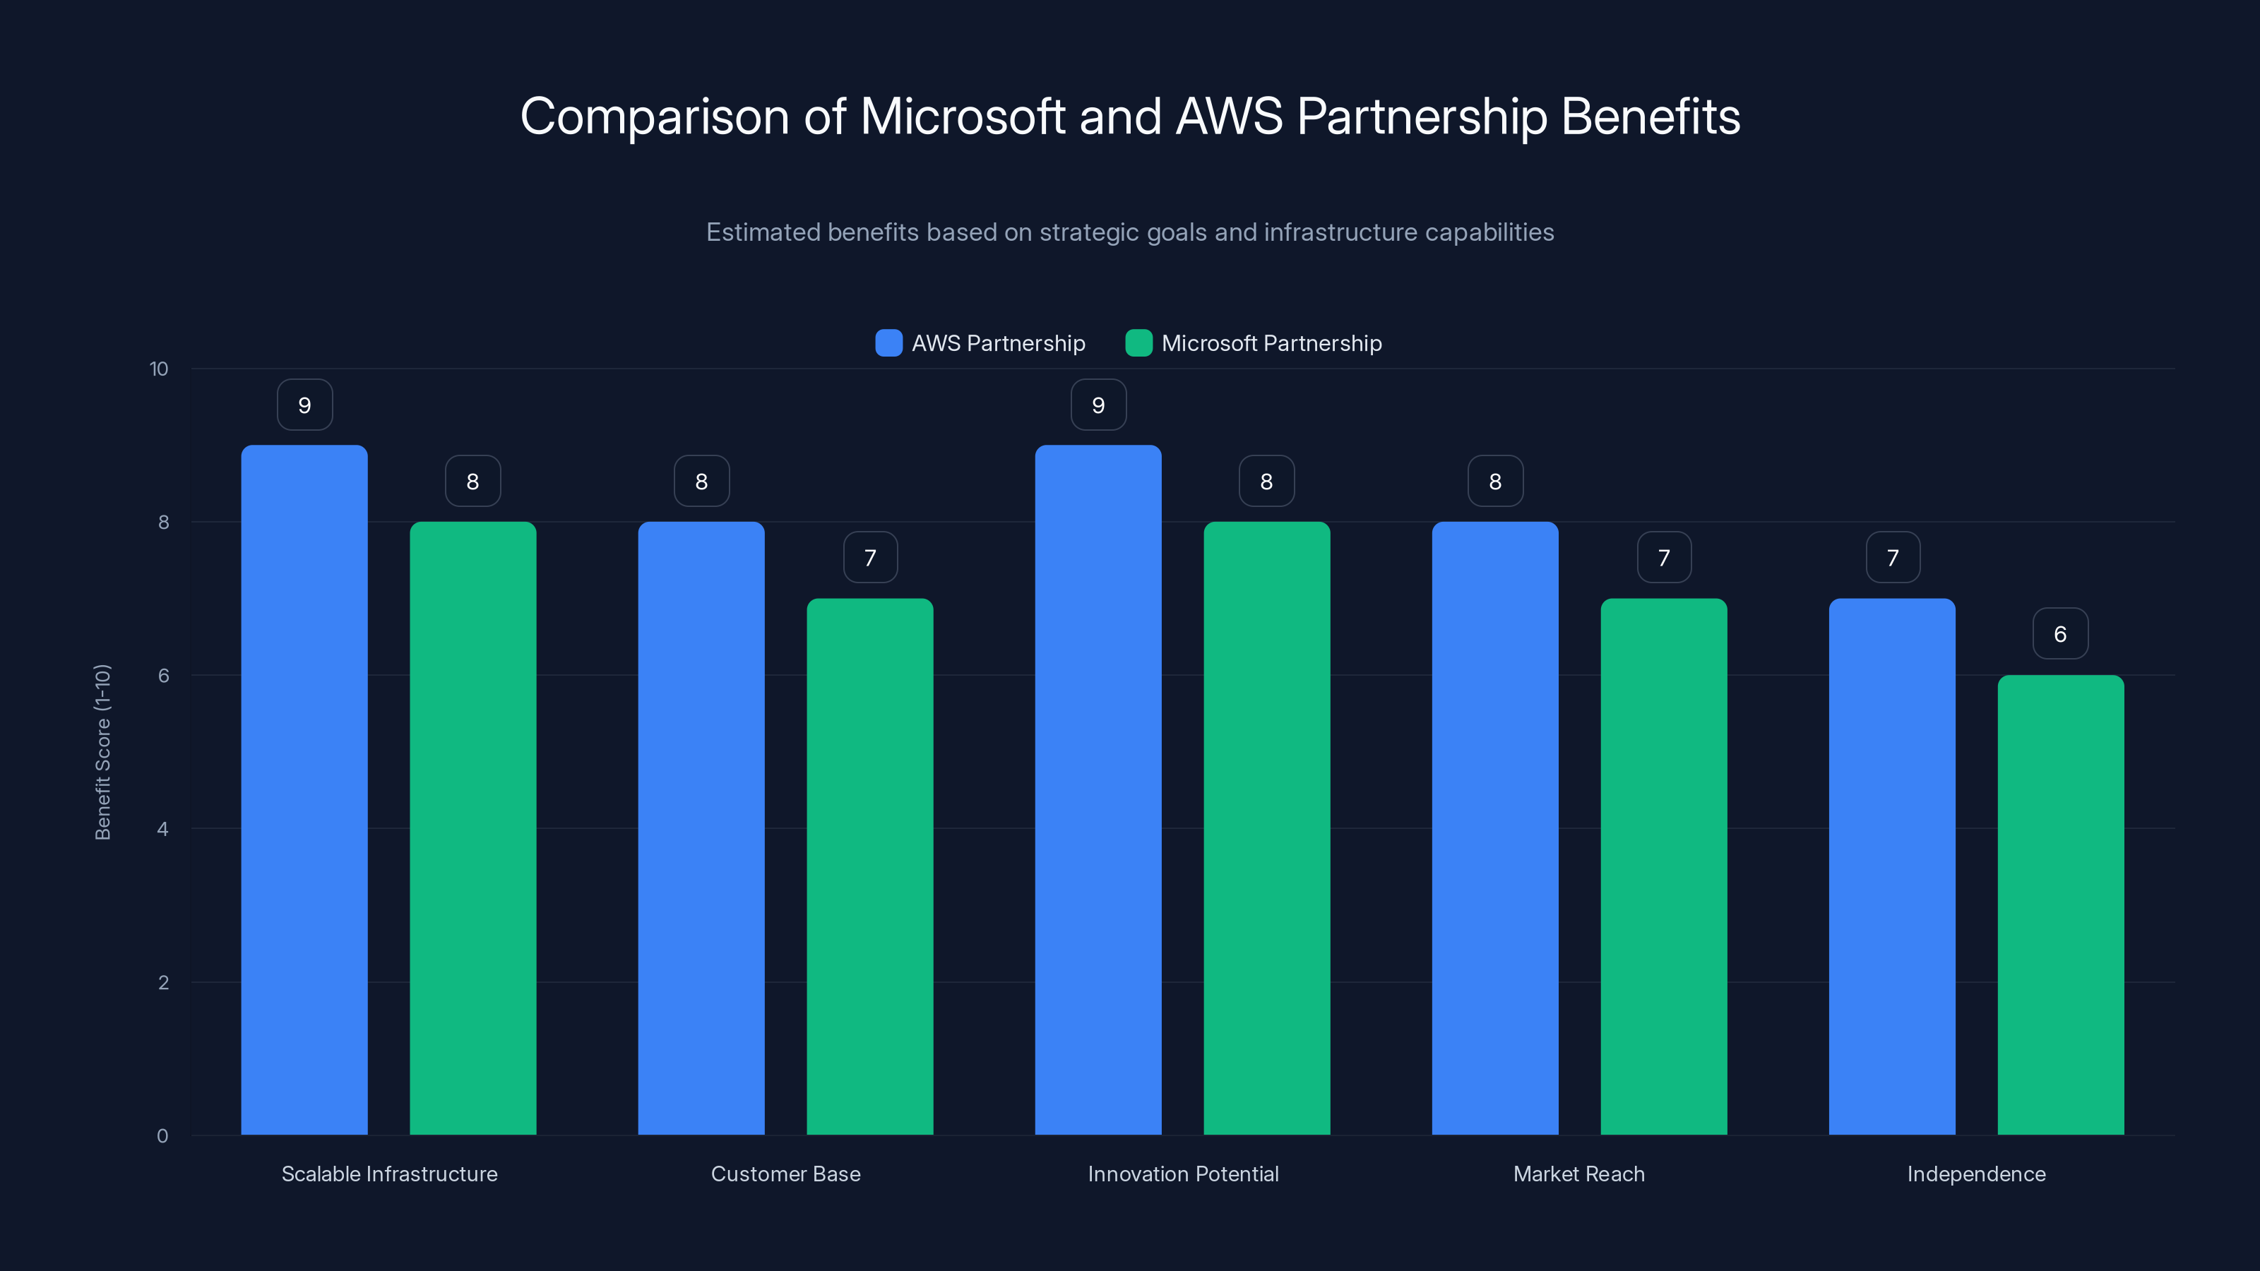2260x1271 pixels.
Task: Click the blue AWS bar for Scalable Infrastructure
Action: [x=304, y=789]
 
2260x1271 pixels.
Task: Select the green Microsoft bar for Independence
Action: [x=2060, y=904]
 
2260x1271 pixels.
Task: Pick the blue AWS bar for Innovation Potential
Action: [x=1098, y=789]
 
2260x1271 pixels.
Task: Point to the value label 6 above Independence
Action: [x=2060, y=633]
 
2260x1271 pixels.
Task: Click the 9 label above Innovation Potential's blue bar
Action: [x=1098, y=405]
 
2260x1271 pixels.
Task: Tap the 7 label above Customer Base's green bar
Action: [x=869, y=557]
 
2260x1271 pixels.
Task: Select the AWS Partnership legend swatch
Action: [x=888, y=343]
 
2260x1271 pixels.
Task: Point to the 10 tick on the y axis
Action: [x=159, y=369]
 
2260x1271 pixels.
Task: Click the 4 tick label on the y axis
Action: [x=162, y=829]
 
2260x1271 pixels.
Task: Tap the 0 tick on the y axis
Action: [x=162, y=1136]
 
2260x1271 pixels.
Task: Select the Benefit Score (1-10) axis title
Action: [x=102, y=752]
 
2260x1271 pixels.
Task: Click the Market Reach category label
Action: [x=1578, y=1174]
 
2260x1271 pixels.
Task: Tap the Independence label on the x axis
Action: [x=1976, y=1174]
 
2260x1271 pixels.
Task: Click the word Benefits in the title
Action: [x=1651, y=117]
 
